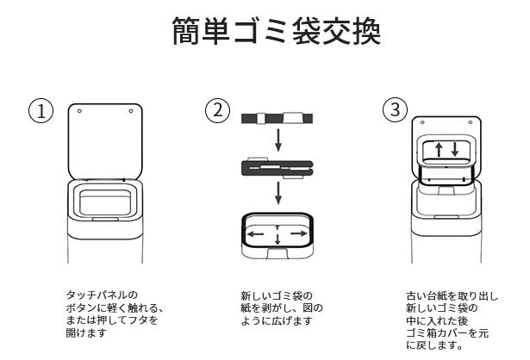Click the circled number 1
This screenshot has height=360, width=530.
click(x=41, y=111)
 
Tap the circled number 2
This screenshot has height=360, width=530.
click(x=217, y=110)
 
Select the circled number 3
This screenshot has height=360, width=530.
click(x=395, y=111)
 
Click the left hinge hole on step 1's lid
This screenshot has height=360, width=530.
click(x=78, y=111)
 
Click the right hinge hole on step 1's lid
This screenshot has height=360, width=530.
click(x=130, y=111)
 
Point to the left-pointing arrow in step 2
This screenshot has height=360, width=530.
click(x=255, y=233)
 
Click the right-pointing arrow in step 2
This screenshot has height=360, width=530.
click(x=299, y=233)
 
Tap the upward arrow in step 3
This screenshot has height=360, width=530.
click(x=438, y=150)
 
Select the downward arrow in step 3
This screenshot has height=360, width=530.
click(x=454, y=150)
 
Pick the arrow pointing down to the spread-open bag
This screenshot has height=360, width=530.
click(x=277, y=192)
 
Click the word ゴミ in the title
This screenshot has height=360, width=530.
click(x=249, y=34)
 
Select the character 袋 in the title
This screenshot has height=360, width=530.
click(x=302, y=34)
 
